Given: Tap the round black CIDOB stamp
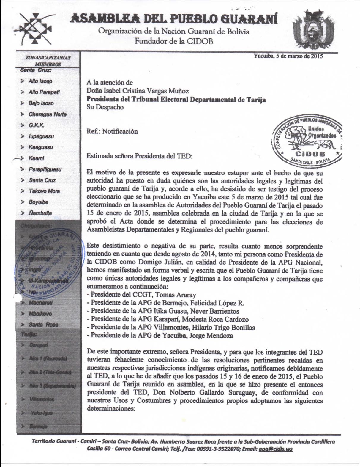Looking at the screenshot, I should [307, 141].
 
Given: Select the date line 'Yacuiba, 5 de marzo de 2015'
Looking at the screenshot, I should [288, 56].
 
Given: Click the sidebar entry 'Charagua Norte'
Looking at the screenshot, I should [47, 114].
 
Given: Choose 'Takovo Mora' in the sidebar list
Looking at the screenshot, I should [44, 191].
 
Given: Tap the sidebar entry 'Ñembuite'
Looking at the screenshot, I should [40, 213].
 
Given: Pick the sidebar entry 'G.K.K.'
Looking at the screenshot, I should [36, 125].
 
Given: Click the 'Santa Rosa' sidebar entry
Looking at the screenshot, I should [43, 325].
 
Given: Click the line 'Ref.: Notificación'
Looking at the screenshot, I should [112, 131].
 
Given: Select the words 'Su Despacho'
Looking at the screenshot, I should [105, 107].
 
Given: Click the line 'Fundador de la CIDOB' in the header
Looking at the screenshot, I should [174, 41].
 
